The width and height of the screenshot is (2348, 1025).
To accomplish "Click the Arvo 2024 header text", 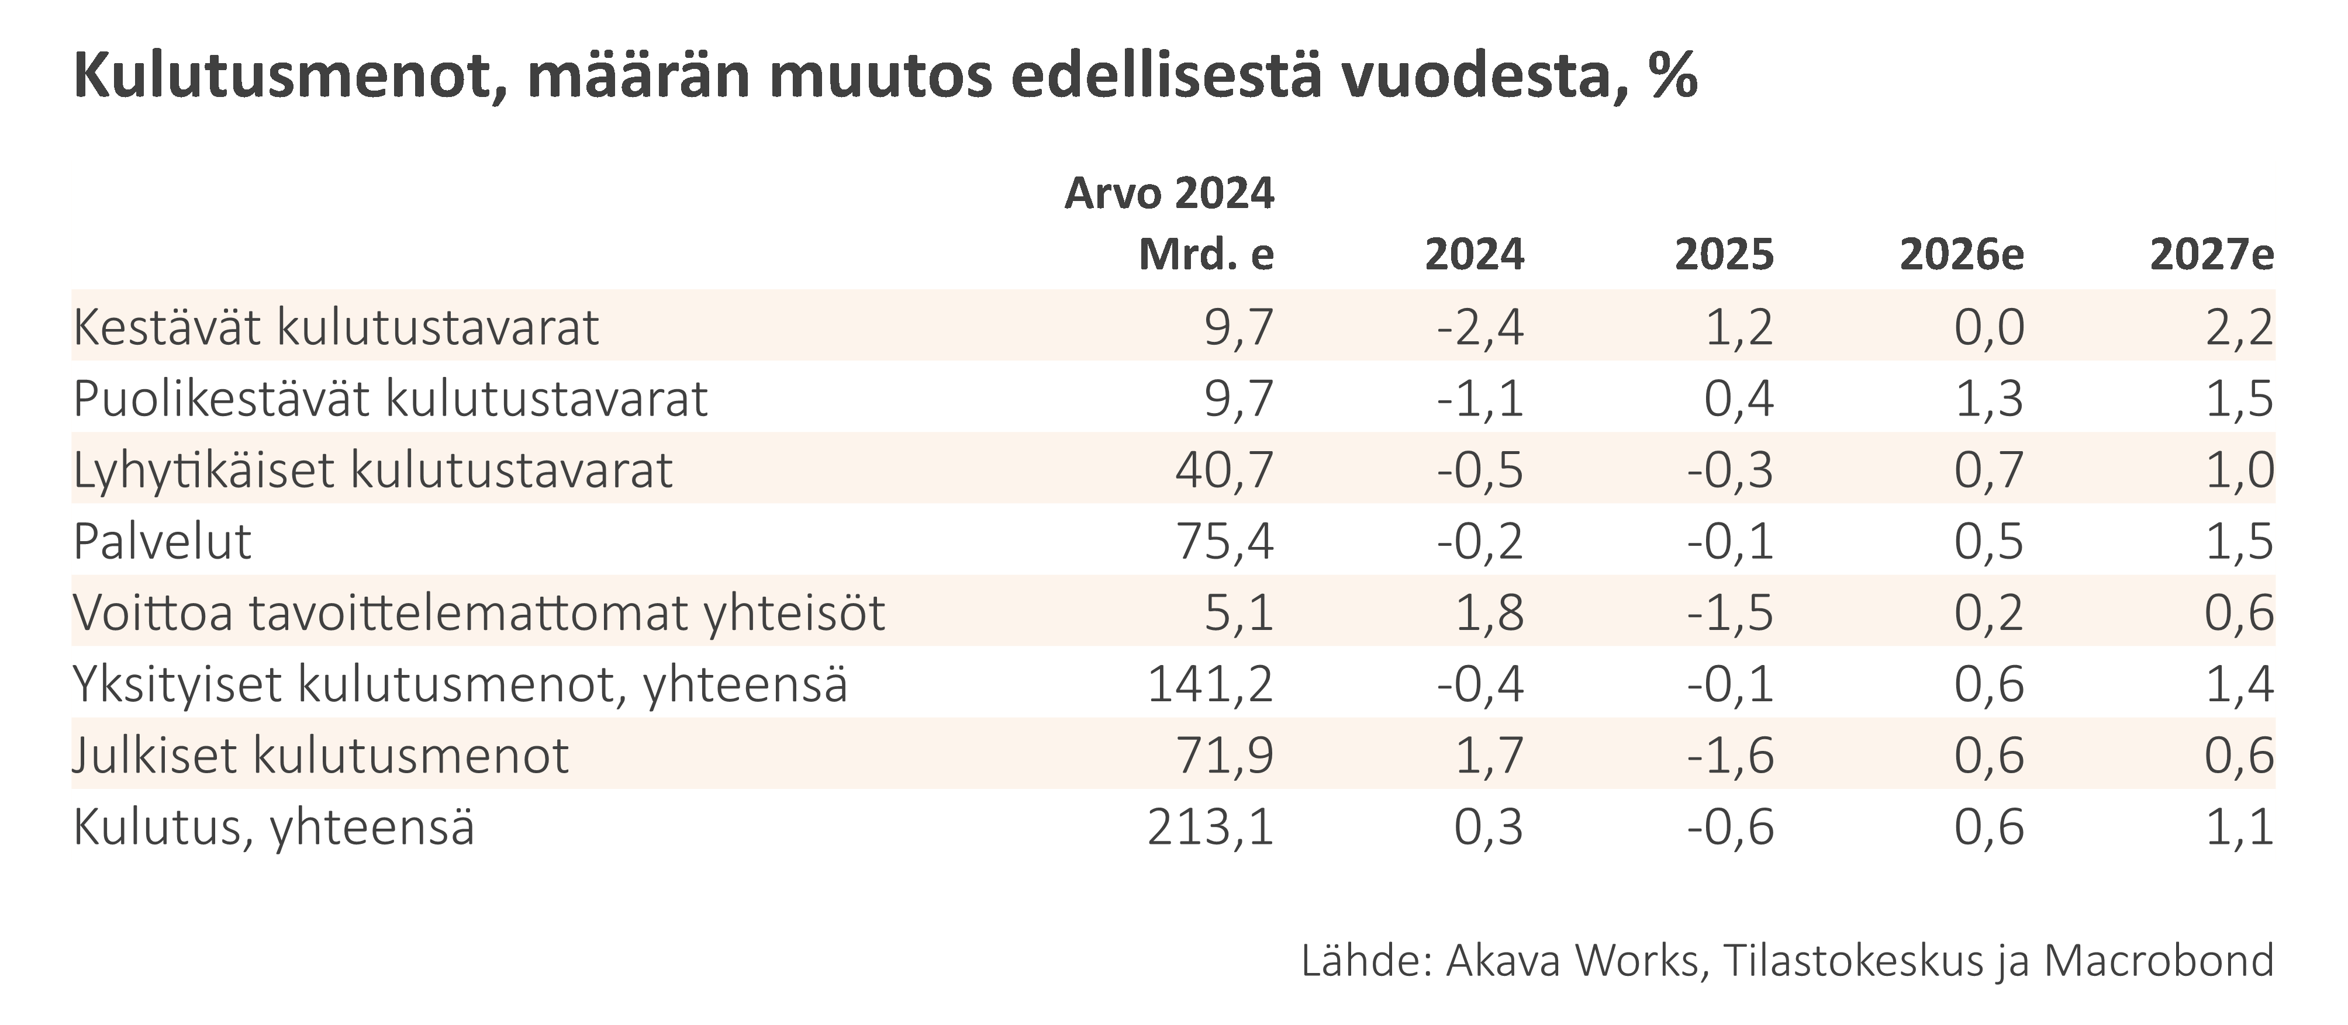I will [x=1169, y=193].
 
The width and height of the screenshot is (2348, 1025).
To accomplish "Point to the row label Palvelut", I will [x=163, y=541].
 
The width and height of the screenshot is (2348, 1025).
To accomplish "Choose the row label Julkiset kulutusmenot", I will [x=321, y=756].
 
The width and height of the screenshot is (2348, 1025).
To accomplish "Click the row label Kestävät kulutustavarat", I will [x=336, y=327].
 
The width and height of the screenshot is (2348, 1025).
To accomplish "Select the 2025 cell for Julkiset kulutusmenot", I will [x=1730, y=756].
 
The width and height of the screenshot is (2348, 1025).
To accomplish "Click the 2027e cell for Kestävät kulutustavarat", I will [x=2239, y=327].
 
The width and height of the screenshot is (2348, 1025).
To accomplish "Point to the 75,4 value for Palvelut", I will [x=1224, y=541].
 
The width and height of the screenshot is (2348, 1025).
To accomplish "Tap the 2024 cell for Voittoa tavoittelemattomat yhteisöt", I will [x=1489, y=612].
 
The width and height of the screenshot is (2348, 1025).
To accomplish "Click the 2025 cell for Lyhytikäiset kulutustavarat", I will [x=1730, y=470].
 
